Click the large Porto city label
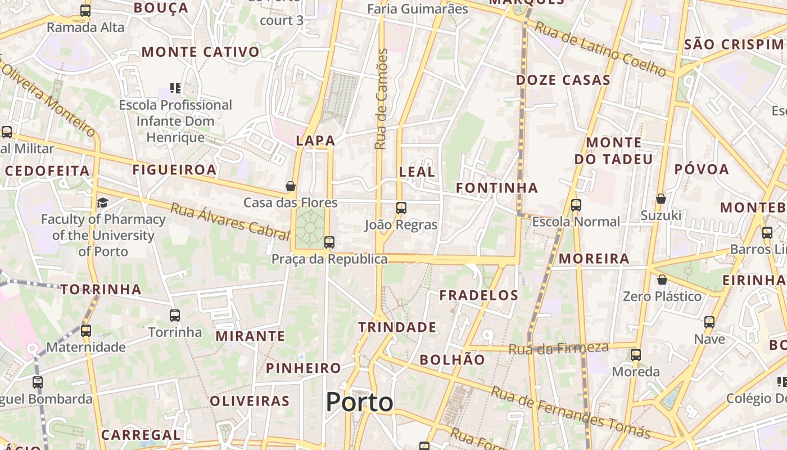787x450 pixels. coord(360,402)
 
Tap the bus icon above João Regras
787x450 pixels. coord(401,208)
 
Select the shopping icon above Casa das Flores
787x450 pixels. coord(291,186)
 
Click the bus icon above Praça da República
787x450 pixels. coord(329,242)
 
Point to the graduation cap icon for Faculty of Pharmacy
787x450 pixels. coord(102,202)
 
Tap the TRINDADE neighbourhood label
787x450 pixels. coord(397,327)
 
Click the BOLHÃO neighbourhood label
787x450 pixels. coord(453,359)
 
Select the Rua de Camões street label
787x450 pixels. coord(382,99)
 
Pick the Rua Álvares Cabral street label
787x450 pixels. coord(229,222)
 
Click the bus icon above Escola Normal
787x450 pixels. coord(576,205)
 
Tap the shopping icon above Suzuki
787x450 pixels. coord(661,199)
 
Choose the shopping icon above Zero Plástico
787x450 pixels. coord(662,280)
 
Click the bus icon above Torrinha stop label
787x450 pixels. coord(175,316)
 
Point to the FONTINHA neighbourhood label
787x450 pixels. coord(497,188)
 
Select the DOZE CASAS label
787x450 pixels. coord(563,80)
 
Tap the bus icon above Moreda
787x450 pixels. coord(636,355)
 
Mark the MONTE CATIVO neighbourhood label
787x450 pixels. coord(201,52)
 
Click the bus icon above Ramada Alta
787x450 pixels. coord(85,10)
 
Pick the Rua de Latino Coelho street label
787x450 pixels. coord(600,48)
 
